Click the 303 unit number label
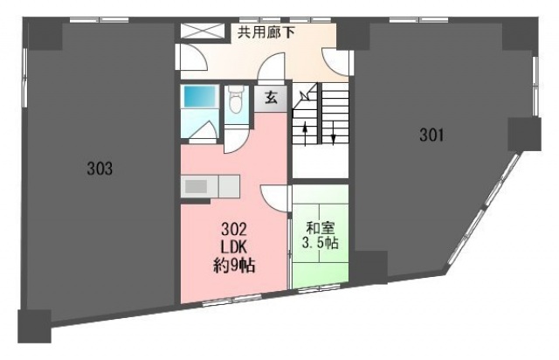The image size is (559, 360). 100,169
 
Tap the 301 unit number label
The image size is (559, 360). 431,135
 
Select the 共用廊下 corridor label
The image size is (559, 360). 266,33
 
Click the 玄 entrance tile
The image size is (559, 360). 271,98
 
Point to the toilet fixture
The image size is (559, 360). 235,100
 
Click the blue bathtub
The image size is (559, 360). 200,96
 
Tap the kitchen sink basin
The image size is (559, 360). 196,187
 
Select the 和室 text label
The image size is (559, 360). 321,228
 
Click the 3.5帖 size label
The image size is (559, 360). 321,243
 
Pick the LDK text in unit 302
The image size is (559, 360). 234,247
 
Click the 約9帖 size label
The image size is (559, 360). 234,266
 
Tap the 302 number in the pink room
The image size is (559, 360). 234,230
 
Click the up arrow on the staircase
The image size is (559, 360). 306,134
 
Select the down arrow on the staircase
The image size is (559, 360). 334,133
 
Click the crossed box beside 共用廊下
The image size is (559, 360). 203,31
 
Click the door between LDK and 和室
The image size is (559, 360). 274,198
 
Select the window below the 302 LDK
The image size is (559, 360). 231,301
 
